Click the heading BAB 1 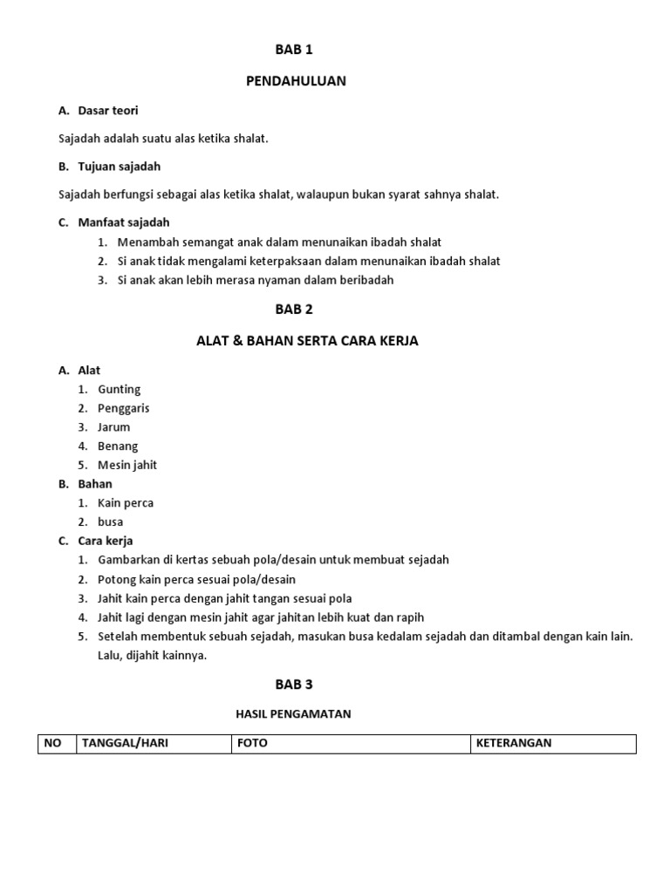(x=294, y=50)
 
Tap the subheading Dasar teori (x=108, y=111)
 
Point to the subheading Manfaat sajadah (x=124, y=222)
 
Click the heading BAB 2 (x=294, y=309)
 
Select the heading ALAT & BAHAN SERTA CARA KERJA (x=307, y=341)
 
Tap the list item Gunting (x=120, y=389)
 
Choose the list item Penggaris (x=124, y=408)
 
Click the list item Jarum (x=114, y=427)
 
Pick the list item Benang (x=118, y=446)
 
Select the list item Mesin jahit (x=127, y=465)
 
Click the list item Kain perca (x=126, y=503)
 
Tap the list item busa (x=111, y=522)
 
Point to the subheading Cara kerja (x=106, y=541)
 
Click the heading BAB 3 (x=294, y=685)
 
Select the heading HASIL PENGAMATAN (x=293, y=714)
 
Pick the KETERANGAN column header (x=514, y=744)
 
